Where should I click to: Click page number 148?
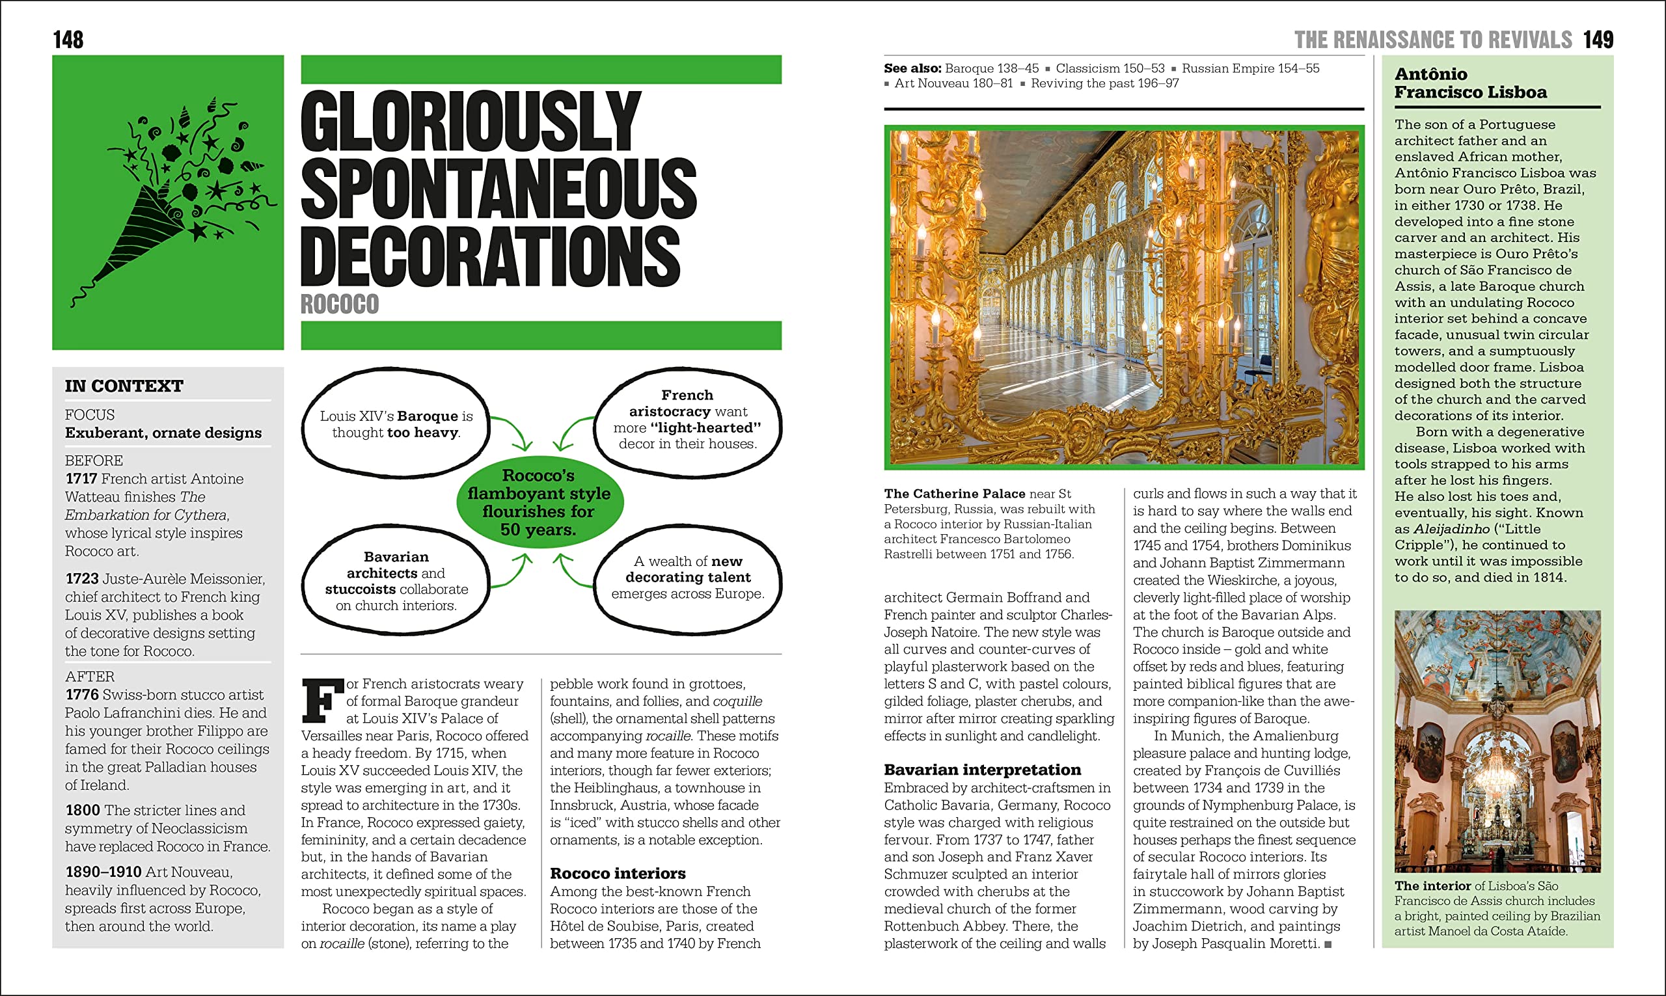(68, 40)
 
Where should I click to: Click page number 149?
(1598, 40)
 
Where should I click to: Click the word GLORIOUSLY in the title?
(470, 121)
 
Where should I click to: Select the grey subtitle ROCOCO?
(340, 304)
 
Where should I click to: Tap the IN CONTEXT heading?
(124, 386)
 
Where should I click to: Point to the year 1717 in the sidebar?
(81, 479)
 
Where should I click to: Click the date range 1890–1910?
(103, 872)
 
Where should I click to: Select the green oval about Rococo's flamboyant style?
(539, 502)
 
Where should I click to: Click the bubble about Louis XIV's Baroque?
(396, 424)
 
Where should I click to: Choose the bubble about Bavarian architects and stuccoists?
(396, 580)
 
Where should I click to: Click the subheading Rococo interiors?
(618, 873)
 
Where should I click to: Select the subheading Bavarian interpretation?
(982, 770)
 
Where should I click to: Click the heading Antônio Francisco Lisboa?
(1470, 83)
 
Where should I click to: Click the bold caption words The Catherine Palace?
(955, 494)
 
